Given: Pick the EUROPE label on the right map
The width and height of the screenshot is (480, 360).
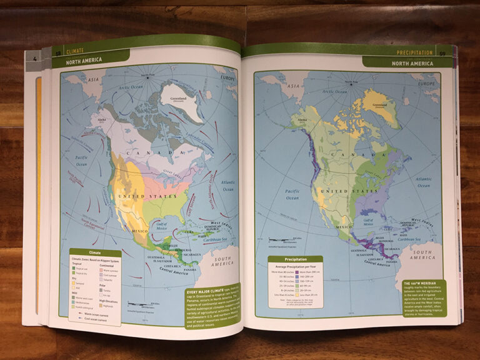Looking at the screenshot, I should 428,83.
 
